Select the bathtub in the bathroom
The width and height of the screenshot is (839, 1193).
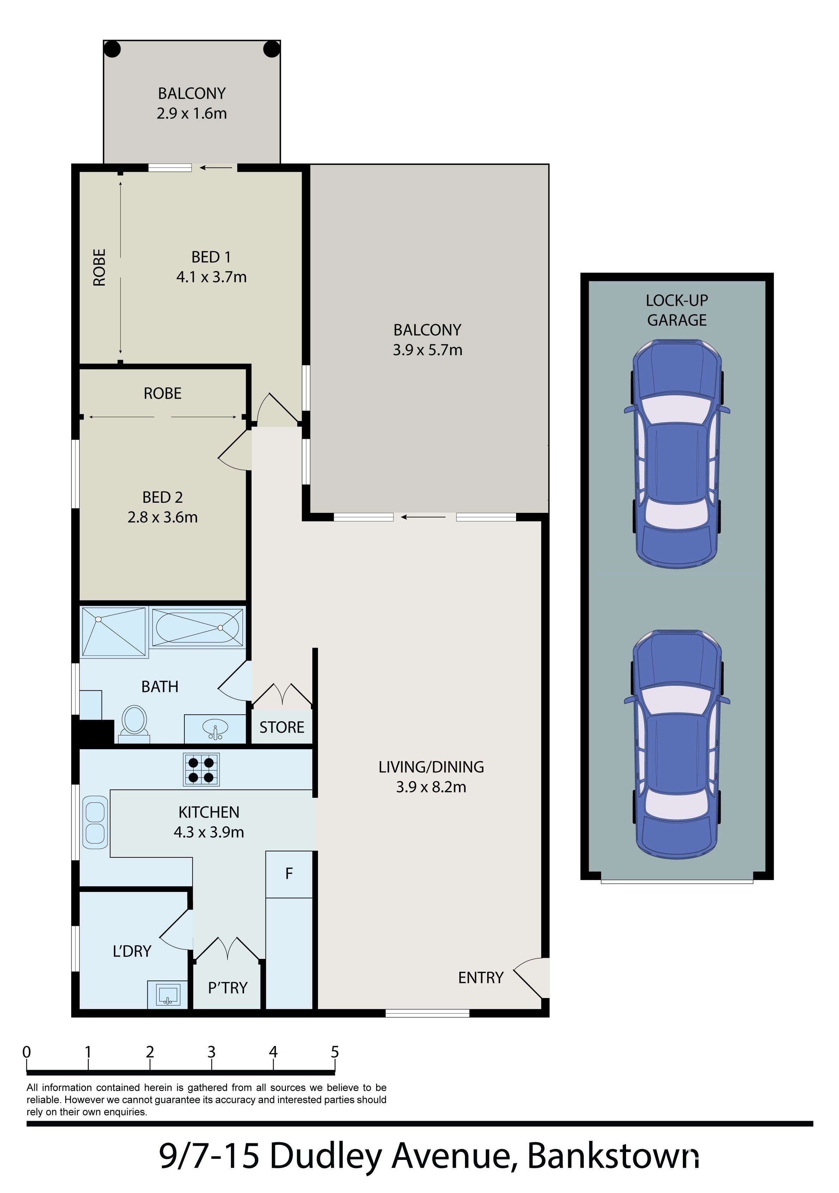(x=197, y=627)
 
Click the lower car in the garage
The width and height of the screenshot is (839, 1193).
(x=677, y=745)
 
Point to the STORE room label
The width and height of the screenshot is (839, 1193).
(x=282, y=727)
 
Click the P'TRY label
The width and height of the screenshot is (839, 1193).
(x=227, y=988)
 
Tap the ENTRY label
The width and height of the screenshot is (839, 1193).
(x=480, y=978)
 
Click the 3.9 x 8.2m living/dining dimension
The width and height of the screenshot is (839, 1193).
(x=431, y=787)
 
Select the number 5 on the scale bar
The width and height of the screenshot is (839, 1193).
(x=335, y=1052)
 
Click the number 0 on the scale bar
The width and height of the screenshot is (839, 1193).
(x=26, y=1052)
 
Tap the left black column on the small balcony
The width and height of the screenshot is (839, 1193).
(x=112, y=49)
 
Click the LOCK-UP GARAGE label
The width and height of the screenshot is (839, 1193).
(x=677, y=310)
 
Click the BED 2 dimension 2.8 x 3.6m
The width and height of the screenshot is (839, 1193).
(x=163, y=518)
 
